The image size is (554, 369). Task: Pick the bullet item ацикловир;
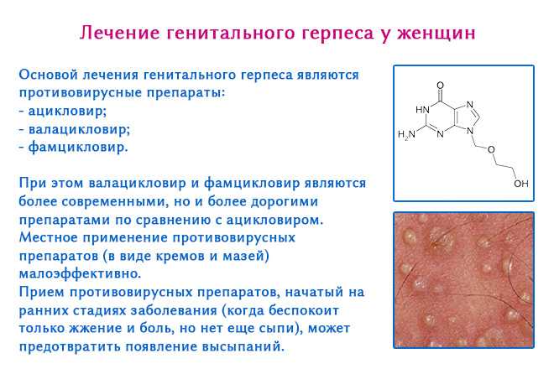click(x=67, y=112)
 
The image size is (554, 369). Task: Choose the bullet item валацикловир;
click(x=79, y=130)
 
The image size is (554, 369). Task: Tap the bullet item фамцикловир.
click(x=78, y=147)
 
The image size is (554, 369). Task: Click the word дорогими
click(x=285, y=201)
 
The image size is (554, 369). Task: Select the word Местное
click(x=48, y=237)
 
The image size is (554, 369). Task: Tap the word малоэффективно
click(x=80, y=274)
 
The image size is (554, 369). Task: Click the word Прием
click(x=41, y=292)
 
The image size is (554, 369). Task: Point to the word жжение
click(x=96, y=329)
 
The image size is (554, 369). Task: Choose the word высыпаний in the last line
click(x=243, y=346)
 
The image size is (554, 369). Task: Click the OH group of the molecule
click(x=521, y=184)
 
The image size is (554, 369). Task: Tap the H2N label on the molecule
click(x=406, y=135)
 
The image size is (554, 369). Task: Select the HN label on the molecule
click(x=422, y=110)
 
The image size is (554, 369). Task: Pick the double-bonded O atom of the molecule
click(x=440, y=86)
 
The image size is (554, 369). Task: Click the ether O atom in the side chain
click(x=491, y=149)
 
